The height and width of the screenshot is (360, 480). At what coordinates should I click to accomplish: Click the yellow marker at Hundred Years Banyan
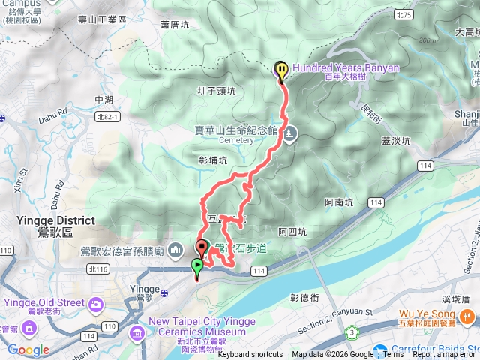click(x=281, y=70)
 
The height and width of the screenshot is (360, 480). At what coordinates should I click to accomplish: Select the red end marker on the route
click(x=202, y=247)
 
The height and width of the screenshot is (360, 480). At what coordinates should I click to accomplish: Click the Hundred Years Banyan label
click(x=346, y=67)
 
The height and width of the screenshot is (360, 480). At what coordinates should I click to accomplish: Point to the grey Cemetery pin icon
click(x=290, y=134)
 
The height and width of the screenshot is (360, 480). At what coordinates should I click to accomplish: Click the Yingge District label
click(x=55, y=220)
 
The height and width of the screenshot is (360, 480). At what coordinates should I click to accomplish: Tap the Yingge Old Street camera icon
click(x=96, y=303)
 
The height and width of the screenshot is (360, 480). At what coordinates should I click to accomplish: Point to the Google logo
click(x=28, y=349)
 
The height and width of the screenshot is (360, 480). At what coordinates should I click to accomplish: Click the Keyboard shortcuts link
click(x=250, y=354)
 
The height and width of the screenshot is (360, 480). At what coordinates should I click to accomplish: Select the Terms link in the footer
click(x=394, y=354)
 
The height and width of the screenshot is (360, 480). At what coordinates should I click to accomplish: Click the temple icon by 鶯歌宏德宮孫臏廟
click(x=174, y=249)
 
